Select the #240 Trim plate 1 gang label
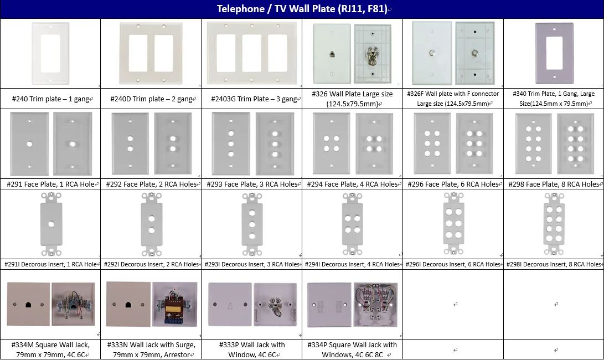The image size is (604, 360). pos(50,99)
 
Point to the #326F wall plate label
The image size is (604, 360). pos(453,99)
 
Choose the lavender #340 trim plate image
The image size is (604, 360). pos(554,53)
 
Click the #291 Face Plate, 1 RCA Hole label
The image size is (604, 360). pos(50,184)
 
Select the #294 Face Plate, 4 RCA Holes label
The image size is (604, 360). pos(352,184)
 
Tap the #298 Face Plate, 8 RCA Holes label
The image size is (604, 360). pos(554,184)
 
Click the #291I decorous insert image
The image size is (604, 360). pos(50,224)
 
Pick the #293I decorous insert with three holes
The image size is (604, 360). pos(251,224)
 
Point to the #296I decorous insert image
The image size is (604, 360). pos(453,224)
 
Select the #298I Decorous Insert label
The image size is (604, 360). pos(554,265)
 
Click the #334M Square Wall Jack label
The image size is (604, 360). pos(50,349)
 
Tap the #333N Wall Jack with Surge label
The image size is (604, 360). pos(151,349)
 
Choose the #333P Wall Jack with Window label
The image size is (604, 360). pos(251,349)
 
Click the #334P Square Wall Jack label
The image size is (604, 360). pos(352,349)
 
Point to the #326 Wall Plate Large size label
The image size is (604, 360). pos(352,99)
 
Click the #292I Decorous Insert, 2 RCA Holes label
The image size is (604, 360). pos(151,265)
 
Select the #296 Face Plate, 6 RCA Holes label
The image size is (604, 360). pos(453,184)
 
